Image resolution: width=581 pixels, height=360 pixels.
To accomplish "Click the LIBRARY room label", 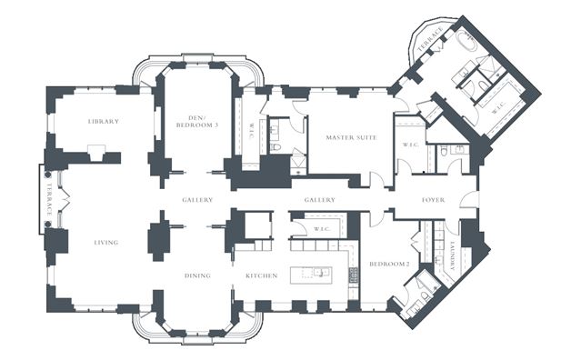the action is pos(104,121).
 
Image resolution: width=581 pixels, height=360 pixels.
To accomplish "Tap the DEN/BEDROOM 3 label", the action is pos(197,122).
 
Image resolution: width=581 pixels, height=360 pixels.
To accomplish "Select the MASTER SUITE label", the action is pos(351,137).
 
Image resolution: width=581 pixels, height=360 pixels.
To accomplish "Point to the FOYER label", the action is pos(433,200).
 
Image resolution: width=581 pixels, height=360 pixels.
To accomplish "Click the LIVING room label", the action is pos(106,243).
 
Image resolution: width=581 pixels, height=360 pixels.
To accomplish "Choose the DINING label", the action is pos(197,275).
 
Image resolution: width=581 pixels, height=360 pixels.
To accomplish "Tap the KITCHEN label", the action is pos(262,275).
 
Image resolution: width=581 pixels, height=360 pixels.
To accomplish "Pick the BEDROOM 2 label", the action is pos(389,264).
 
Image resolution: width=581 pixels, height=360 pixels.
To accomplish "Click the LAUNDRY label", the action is pos(453,255).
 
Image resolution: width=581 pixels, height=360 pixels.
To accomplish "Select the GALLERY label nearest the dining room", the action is pos(197,200).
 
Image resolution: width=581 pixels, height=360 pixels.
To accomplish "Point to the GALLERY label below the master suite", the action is pos(320,200).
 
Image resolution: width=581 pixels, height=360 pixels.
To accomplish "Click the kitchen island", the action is pos(311,275).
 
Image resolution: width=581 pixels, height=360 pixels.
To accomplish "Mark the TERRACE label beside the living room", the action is pos(49,199).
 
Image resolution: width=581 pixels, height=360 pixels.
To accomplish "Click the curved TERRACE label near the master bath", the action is pos(431,39).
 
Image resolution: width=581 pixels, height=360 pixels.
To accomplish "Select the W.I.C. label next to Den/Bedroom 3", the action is pos(251,131).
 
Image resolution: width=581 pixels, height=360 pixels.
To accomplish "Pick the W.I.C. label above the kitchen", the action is pos(322,229).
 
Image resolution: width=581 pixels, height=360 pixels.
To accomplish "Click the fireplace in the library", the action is pos(96,153).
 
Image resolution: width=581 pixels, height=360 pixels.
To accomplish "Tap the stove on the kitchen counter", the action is pos(354,275).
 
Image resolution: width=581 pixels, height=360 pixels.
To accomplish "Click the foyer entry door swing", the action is pos(468,199).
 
